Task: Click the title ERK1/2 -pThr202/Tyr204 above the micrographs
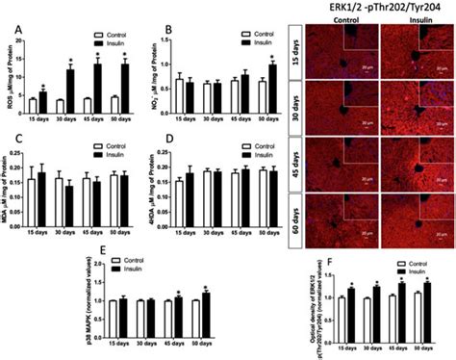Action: coord(385,8)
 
